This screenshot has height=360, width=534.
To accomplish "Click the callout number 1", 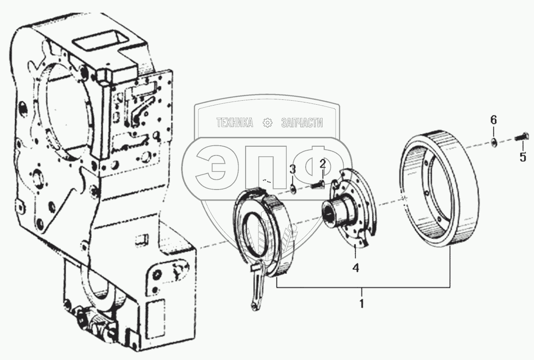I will (x=361, y=304).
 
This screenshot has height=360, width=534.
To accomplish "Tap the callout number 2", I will (x=323, y=165).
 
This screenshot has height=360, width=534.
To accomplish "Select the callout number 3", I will (x=292, y=169).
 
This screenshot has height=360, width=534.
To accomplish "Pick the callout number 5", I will (x=523, y=157).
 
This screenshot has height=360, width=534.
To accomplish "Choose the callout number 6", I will (x=494, y=120).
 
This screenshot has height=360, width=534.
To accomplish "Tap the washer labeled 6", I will (x=494, y=142).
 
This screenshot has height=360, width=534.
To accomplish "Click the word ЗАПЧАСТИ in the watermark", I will (x=302, y=123).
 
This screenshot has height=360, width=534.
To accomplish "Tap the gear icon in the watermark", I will (x=267, y=123).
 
